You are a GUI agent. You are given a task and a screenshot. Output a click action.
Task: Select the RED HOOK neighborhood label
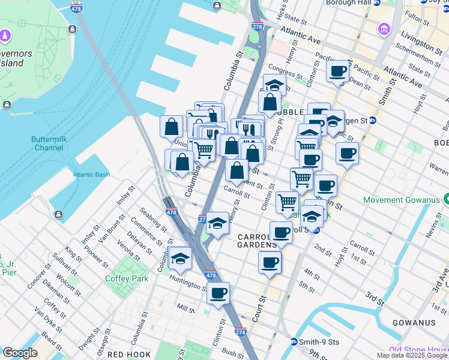click(x=128, y=355)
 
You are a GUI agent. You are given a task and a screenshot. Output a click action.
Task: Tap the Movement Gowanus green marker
click(x=445, y=199)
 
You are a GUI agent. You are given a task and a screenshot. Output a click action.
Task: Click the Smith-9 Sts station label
click(x=319, y=342)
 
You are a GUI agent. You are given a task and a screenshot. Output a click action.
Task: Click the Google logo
click(x=20, y=353)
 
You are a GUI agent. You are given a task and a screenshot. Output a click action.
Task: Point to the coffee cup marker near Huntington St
click(x=218, y=293)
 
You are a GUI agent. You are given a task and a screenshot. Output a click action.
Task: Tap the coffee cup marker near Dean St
click(x=339, y=71)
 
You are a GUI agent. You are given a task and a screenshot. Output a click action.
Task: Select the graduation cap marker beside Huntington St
click(x=179, y=258)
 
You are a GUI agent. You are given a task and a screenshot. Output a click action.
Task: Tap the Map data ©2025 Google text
click(x=412, y=355)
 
